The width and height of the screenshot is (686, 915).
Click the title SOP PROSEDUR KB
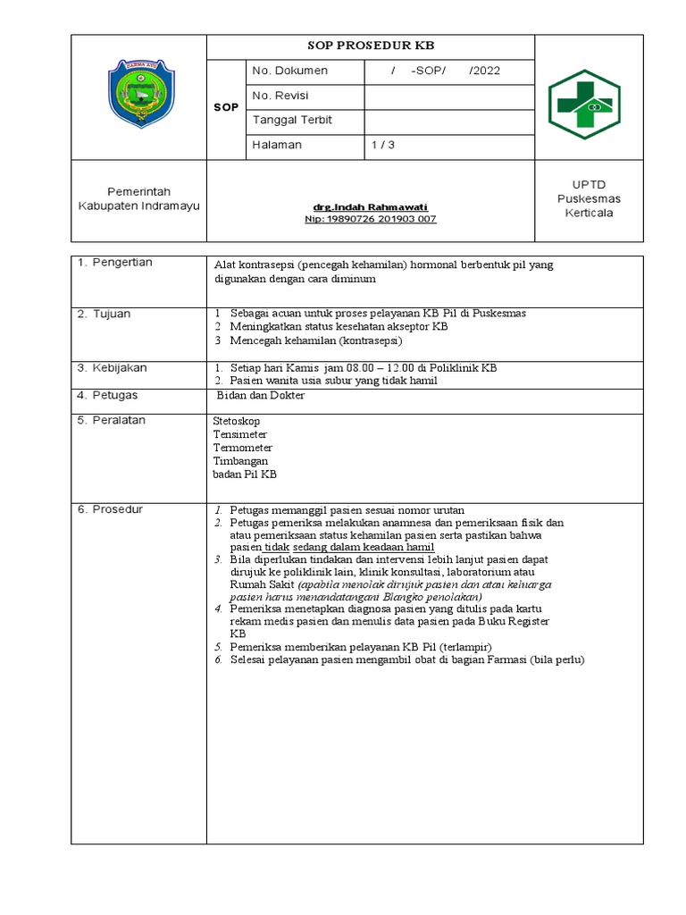click(370, 46)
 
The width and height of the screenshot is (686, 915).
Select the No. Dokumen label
click(290, 71)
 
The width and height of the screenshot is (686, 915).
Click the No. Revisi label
click(280, 96)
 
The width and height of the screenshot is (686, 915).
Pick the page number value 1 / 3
click(383, 145)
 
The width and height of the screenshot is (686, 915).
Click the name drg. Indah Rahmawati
click(371, 207)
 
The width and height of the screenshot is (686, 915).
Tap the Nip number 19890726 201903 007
click(371, 219)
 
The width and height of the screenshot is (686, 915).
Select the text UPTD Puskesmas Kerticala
click(589, 197)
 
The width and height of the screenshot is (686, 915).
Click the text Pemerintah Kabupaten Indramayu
click(138, 198)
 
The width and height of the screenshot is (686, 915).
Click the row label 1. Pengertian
click(114, 263)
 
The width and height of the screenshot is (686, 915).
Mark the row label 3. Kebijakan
click(112, 367)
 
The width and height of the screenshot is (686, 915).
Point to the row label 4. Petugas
click(107, 395)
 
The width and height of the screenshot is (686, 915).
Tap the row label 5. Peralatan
click(111, 420)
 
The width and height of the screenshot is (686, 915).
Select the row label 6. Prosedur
click(110, 509)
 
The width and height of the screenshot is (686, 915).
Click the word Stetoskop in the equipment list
click(237, 419)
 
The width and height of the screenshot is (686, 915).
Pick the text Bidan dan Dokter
click(261, 396)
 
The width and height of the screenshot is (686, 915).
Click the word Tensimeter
click(240, 433)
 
